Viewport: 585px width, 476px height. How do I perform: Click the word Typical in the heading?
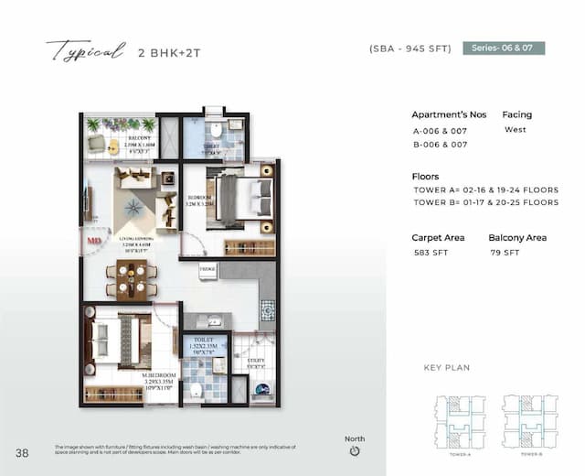pyautogui.click(x=85, y=51)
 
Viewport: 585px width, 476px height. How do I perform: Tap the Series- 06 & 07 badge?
pyautogui.click(x=504, y=49)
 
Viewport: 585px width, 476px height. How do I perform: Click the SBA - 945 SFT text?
pyautogui.click(x=410, y=49)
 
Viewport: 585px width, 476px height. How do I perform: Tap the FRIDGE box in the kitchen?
pyautogui.click(x=207, y=270)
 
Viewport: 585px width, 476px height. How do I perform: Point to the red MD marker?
pyautogui.click(x=93, y=241)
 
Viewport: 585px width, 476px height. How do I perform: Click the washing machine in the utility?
pyautogui.click(x=261, y=388)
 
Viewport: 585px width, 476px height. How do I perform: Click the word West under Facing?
pyautogui.click(x=515, y=130)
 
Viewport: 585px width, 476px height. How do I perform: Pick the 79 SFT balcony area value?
pyautogui.click(x=504, y=253)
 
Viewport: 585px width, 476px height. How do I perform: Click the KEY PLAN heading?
pyautogui.click(x=447, y=368)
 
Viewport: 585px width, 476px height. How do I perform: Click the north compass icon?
pyautogui.click(x=355, y=450)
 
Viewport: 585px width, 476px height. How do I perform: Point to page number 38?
pyautogui.click(x=22, y=452)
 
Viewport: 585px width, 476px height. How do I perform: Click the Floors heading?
pyautogui.click(x=425, y=177)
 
